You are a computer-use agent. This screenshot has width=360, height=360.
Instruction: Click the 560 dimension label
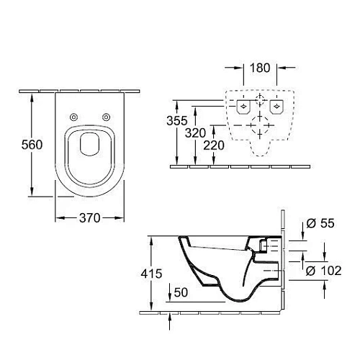[x=32, y=145]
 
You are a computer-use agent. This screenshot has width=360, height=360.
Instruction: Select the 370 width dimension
[x=90, y=218]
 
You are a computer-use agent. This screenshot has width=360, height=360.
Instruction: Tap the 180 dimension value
[x=260, y=68]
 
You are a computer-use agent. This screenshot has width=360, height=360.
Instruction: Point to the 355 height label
[x=177, y=120]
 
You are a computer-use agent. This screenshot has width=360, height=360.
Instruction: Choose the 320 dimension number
[x=195, y=132]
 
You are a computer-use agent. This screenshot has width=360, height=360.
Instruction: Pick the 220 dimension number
[x=214, y=145]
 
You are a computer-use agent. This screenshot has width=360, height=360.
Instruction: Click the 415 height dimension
[x=151, y=274]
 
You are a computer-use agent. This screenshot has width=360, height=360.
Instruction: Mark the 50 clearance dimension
[x=181, y=292]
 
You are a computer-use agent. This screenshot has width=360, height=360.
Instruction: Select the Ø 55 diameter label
[x=320, y=223]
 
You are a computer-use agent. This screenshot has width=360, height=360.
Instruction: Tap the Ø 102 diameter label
[x=323, y=271]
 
